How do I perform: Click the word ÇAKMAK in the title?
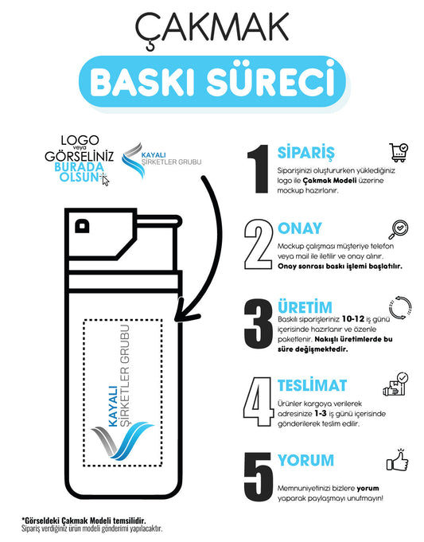[212, 29]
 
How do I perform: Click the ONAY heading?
[300, 228]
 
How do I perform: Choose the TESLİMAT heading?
[312, 385]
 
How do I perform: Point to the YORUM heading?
[305, 460]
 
